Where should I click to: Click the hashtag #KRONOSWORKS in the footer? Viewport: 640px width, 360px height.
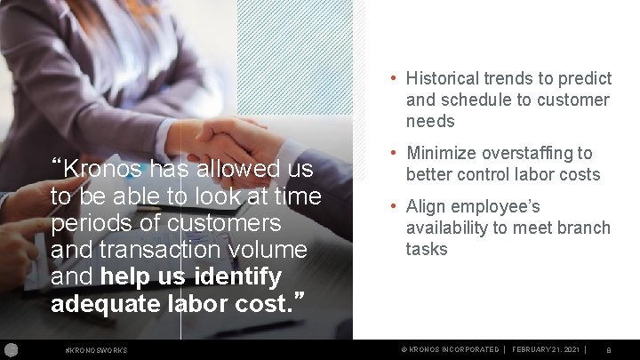pos(97,350)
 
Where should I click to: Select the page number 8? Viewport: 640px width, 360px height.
pos(608,350)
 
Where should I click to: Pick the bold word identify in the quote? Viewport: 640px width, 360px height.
pos(236,276)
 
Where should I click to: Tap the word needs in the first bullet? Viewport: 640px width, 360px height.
pos(430,122)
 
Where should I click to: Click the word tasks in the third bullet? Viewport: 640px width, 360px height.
pos(427,250)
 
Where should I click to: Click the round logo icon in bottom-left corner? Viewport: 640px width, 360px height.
pos(10,349)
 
